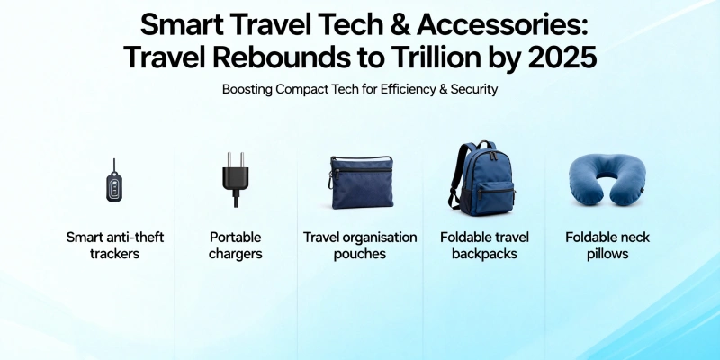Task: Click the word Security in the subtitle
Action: (473, 90)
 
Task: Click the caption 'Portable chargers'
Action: (235, 246)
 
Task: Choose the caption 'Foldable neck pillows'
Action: (607, 246)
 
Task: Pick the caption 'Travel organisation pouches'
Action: (360, 246)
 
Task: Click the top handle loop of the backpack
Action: (486, 146)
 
